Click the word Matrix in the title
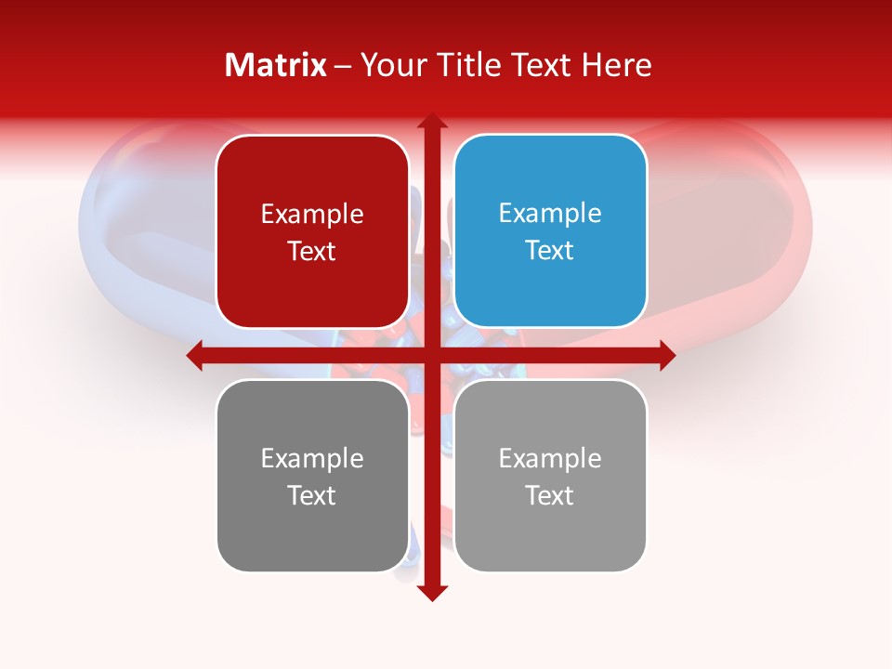(276, 65)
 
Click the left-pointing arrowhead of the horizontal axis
(195, 355)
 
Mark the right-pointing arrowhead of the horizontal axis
(667, 355)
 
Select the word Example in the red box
(312, 215)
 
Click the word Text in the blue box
(550, 251)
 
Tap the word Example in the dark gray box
(312, 459)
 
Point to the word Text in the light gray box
(550, 495)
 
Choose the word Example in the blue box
(550, 214)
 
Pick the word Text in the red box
(312, 252)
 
